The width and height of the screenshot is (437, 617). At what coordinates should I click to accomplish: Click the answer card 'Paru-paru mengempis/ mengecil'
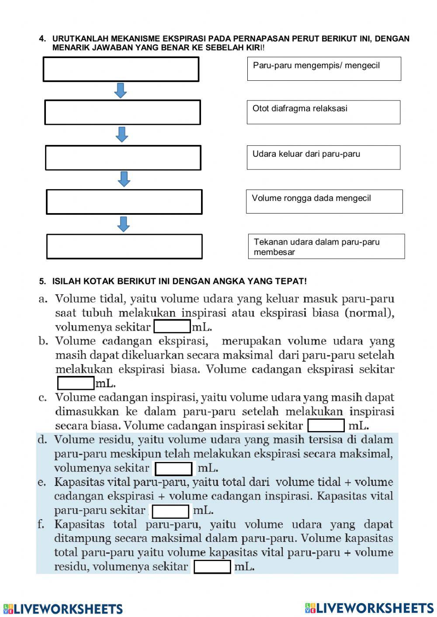pos(324,69)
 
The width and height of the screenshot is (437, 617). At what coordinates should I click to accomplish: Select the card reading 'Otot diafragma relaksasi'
pos(323,112)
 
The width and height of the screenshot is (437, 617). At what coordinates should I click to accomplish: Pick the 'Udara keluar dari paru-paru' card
pos(323,157)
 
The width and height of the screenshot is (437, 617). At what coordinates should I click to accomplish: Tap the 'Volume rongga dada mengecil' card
pos(324,201)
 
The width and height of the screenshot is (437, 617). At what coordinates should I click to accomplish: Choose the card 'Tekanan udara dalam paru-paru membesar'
pos(326,246)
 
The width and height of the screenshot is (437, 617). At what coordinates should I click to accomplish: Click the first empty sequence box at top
pos(121,69)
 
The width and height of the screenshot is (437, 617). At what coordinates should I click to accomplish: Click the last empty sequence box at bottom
pos(124,246)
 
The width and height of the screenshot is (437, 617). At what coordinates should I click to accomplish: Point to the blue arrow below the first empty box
pos(120,90)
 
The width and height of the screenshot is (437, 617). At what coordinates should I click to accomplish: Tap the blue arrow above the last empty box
pos(124,224)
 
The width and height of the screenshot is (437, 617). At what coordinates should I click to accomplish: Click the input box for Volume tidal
pos(172,327)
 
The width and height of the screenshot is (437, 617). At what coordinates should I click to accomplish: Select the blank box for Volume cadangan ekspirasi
pos(76,383)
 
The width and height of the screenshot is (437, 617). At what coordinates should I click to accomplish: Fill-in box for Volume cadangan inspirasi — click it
pos(326,425)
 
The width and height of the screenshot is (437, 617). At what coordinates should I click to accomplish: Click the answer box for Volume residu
pos(173,469)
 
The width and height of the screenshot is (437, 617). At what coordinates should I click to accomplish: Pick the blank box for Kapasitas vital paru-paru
pos(170,511)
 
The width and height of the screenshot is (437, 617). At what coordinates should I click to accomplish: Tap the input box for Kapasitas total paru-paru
pos(212,567)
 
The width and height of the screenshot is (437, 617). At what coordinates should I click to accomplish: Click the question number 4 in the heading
pos(42,39)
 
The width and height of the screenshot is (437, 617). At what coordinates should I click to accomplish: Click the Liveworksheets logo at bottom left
pos(63,609)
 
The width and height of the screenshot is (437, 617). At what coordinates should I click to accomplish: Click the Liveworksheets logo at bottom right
pos(369,608)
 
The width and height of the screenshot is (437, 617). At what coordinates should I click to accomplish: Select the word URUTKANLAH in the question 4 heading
pos(80,39)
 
